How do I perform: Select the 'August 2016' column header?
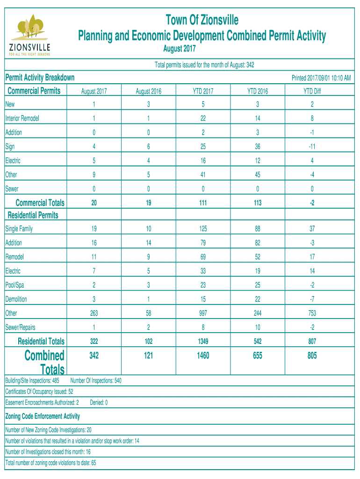click(x=148, y=91)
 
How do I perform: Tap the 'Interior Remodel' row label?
click(x=22, y=118)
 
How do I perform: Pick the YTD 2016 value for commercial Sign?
click(x=257, y=146)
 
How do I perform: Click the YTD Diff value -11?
click(x=312, y=146)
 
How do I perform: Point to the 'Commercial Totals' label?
click(x=40, y=203)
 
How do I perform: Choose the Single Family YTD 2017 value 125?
click(x=203, y=229)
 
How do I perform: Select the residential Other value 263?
click(x=94, y=313)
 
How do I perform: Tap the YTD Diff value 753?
click(x=312, y=313)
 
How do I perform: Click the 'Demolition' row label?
click(x=16, y=299)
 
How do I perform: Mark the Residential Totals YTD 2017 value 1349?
click(x=203, y=341)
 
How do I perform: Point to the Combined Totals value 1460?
click(x=203, y=356)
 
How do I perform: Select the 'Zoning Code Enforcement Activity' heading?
click(x=42, y=416)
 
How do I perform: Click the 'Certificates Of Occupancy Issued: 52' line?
click(x=39, y=392)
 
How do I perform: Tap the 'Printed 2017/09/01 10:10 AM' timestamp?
click(x=321, y=78)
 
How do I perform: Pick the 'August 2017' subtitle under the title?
click(x=179, y=49)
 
